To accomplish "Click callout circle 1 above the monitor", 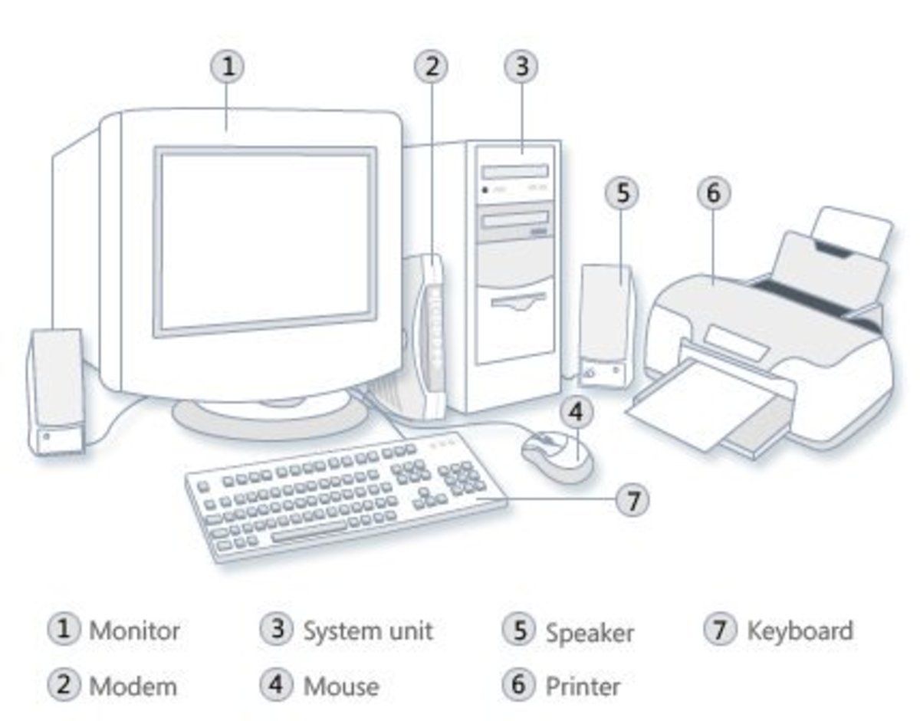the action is tap(228, 67).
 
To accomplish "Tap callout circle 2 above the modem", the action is tap(432, 67).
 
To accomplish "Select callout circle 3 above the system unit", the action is tap(521, 67).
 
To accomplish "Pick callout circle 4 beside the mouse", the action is tap(576, 412).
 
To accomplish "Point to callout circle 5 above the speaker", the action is tap(622, 193).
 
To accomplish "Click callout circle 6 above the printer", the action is tap(713, 193).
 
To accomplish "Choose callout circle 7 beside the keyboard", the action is tap(632, 501).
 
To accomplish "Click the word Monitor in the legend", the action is tap(135, 630).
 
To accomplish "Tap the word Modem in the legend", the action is tap(133, 685).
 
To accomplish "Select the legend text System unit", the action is tap(368, 630).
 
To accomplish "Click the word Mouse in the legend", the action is tap(341, 685).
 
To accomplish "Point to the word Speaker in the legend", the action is tap(590, 632).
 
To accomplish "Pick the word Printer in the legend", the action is tap(583, 685).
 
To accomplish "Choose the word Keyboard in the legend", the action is tap(800, 630).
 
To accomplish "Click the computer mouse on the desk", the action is tap(557, 456).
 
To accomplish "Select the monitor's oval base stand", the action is tap(269, 418).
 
